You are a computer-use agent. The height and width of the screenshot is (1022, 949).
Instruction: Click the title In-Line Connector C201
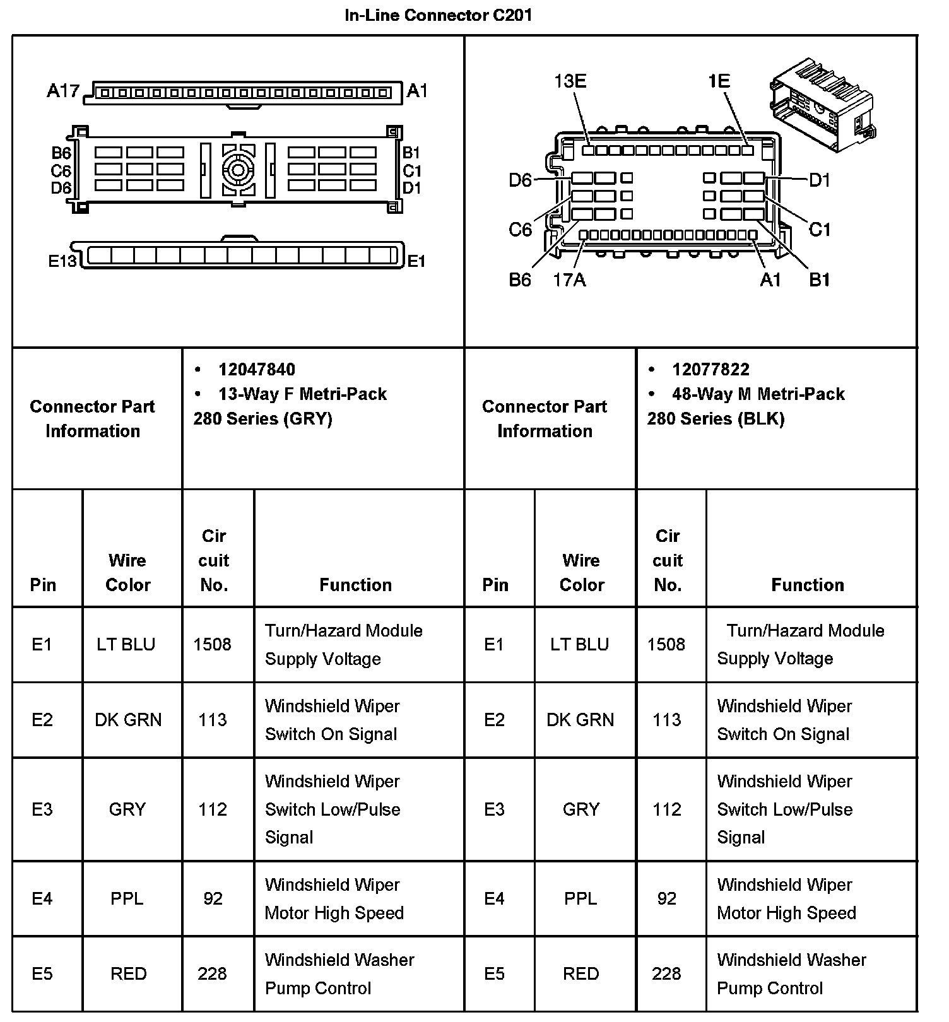pyautogui.click(x=438, y=15)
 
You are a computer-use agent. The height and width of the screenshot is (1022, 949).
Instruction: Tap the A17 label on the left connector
pyautogui.click(x=62, y=91)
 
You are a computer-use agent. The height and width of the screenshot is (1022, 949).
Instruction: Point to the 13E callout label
pyautogui.click(x=570, y=81)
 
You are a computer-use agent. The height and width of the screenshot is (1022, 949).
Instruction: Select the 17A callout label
pyautogui.click(x=569, y=279)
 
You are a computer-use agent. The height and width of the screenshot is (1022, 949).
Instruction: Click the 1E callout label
pyautogui.click(x=719, y=81)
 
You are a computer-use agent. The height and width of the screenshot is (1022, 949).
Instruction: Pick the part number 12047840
pyautogui.click(x=256, y=370)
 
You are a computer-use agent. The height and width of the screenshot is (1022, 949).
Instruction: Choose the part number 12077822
pyautogui.click(x=710, y=370)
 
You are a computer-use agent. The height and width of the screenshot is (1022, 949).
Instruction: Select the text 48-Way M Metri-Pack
pyautogui.click(x=758, y=394)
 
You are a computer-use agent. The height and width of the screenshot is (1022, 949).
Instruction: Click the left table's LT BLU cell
pyautogui.click(x=126, y=644)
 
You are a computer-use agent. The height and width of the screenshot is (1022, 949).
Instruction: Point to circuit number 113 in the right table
pyautogui.click(x=667, y=720)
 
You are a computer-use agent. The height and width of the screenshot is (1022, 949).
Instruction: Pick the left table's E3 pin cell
pyautogui.click(x=42, y=809)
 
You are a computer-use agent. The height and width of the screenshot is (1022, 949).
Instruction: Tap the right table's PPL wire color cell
pyautogui.click(x=581, y=898)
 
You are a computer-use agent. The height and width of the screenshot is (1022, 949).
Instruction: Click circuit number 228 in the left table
pyautogui.click(x=212, y=973)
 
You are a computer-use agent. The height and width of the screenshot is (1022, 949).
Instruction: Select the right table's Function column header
pyautogui.click(x=807, y=585)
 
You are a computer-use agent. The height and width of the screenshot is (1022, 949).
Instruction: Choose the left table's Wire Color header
pyautogui.click(x=127, y=572)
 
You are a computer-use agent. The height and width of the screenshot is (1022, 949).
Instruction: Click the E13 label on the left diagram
pyautogui.click(x=62, y=261)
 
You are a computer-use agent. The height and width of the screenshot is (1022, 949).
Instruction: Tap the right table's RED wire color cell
pyautogui.click(x=581, y=973)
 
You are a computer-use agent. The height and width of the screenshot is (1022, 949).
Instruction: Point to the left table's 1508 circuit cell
pyautogui.click(x=212, y=644)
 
